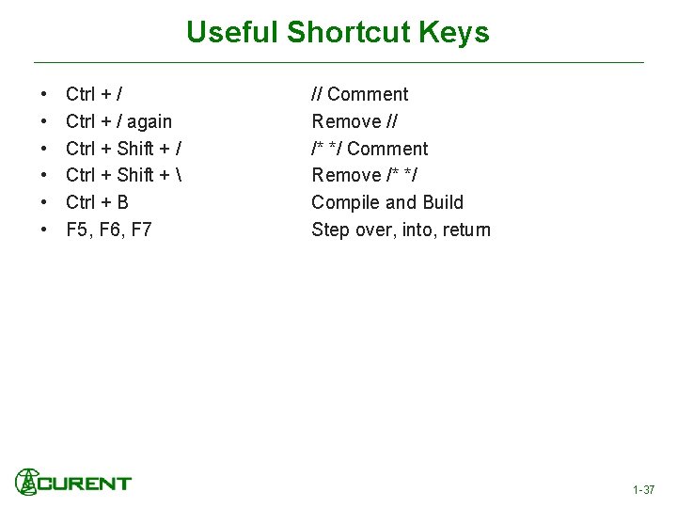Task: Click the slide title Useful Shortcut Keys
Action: point(338,32)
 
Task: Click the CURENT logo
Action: point(73,483)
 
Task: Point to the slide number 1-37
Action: point(643,490)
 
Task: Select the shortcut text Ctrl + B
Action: point(97,202)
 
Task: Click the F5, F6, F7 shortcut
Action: point(108,230)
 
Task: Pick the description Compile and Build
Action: point(387,202)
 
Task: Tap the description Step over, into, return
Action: point(401,230)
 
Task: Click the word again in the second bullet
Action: point(150,121)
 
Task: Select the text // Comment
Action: point(360,94)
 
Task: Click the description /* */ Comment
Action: point(370,149)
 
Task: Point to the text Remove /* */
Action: point(365,175)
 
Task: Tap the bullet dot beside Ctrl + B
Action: point(45,203)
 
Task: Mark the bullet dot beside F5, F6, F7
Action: point(45,230)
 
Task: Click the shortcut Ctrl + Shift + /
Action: point(124,149)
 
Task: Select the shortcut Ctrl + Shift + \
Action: point(124,175)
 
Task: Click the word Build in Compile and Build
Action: point(443,202)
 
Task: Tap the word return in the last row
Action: point(465,230)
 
